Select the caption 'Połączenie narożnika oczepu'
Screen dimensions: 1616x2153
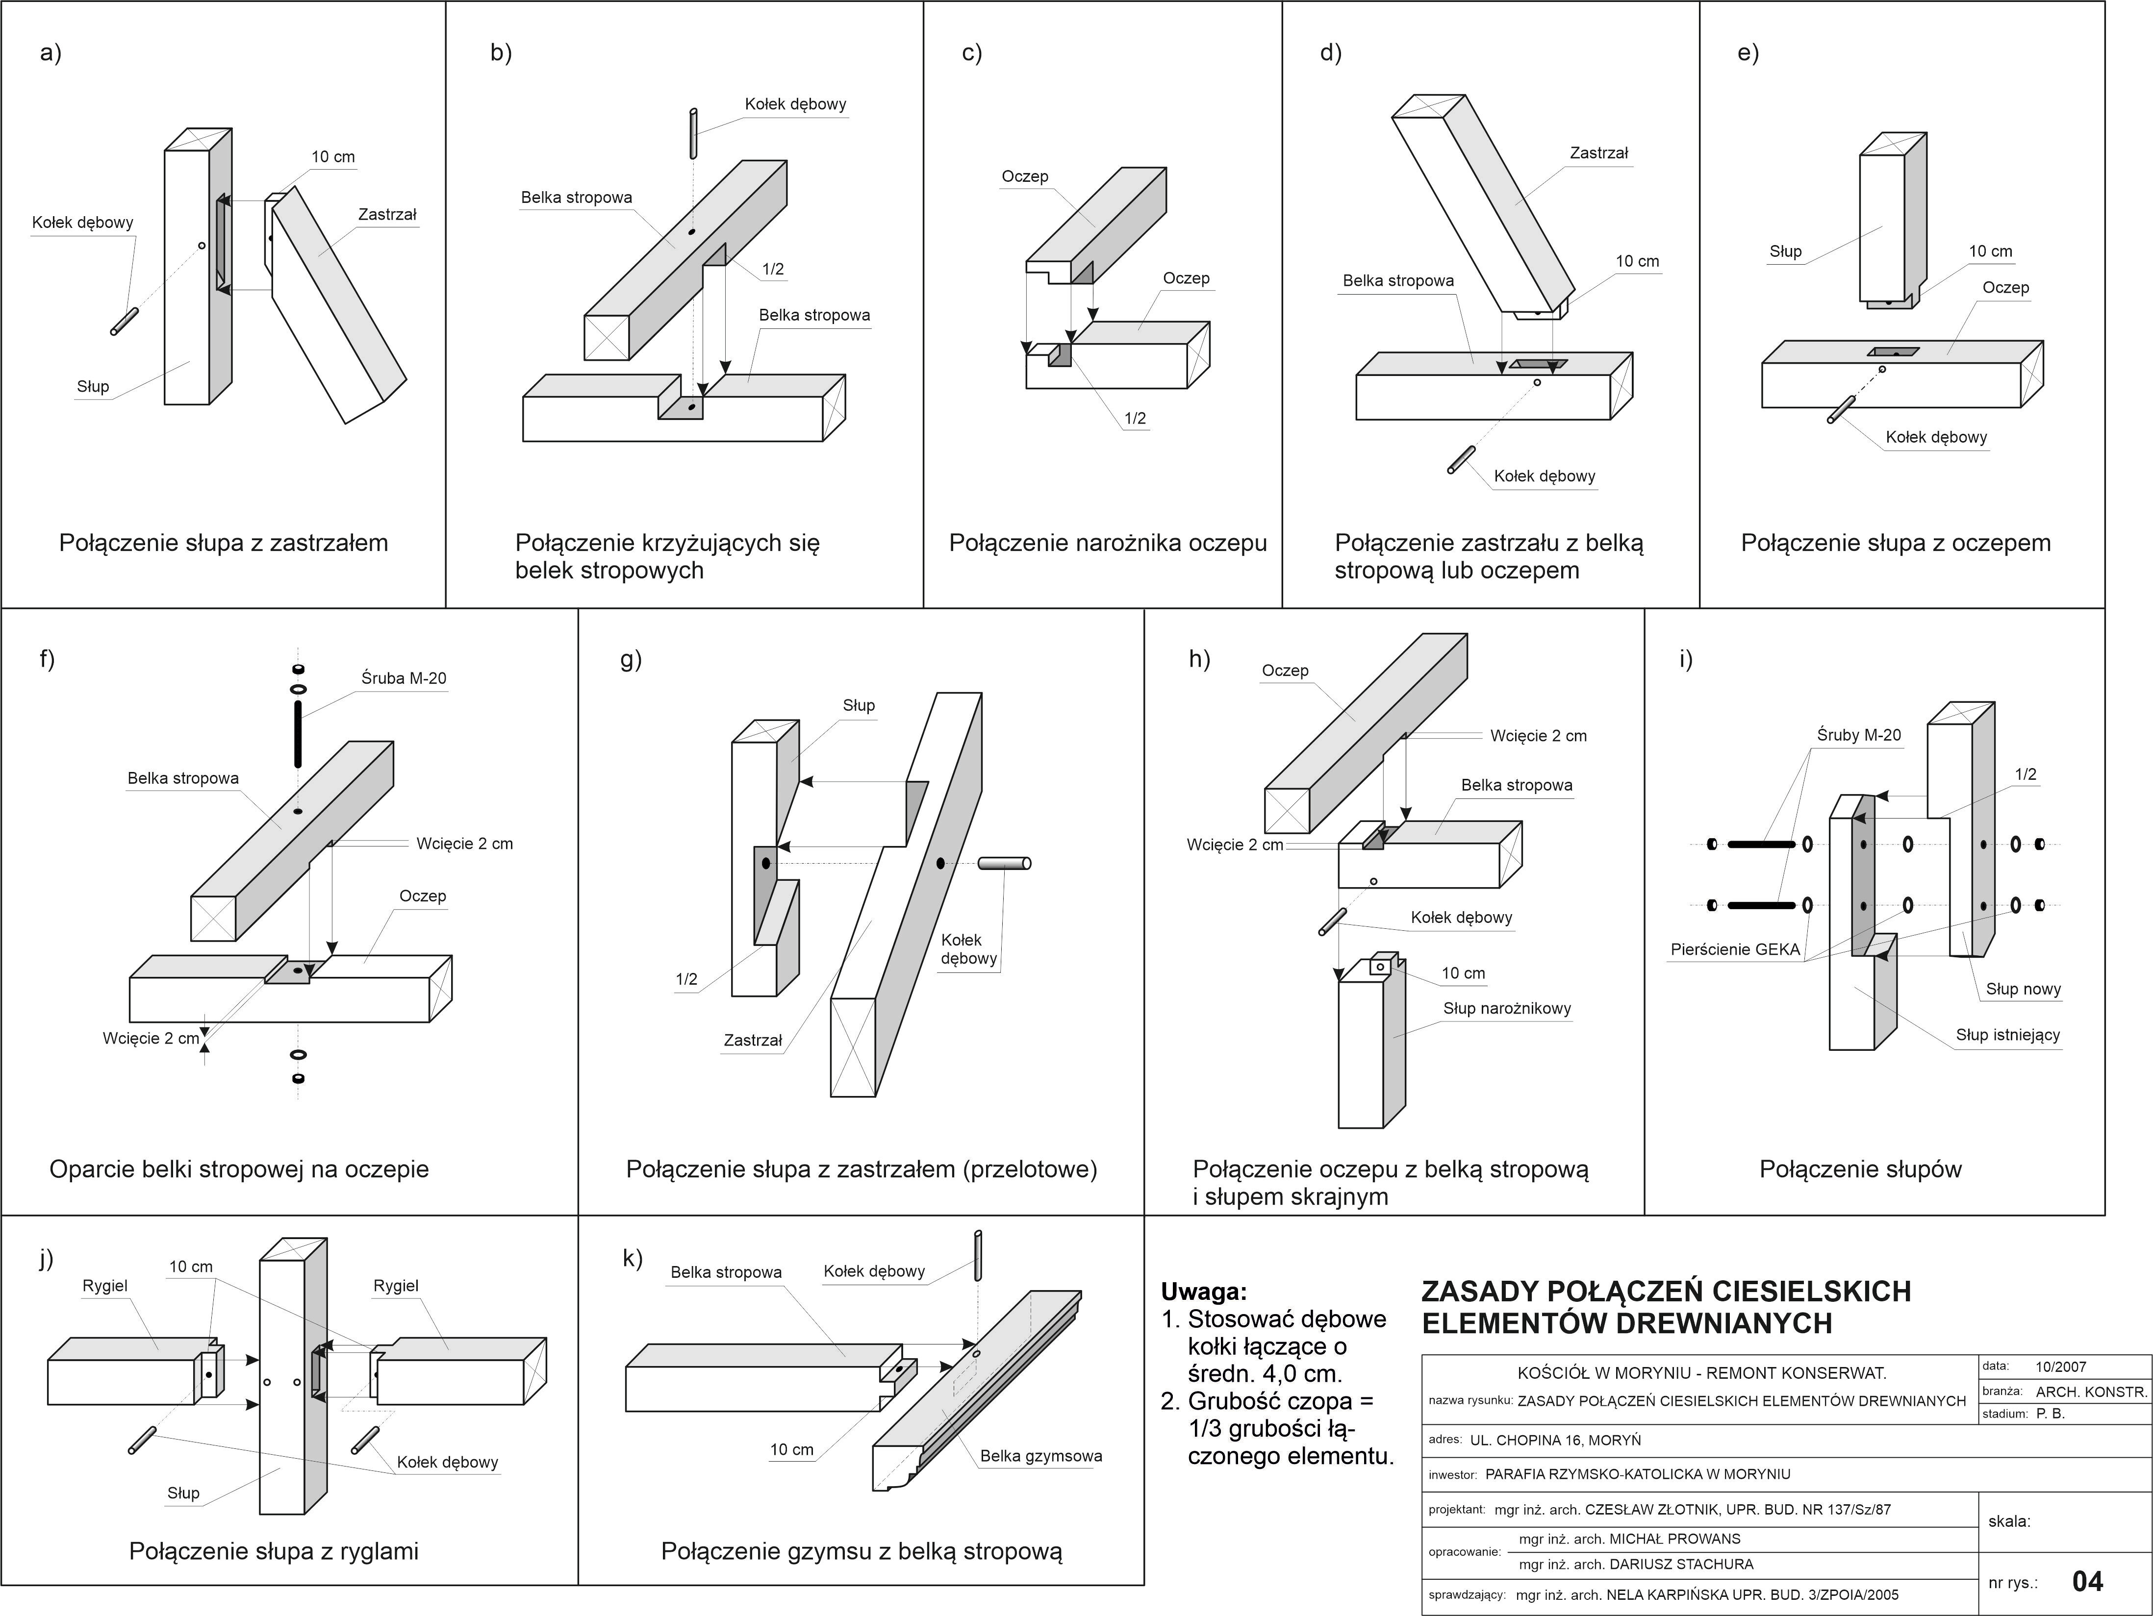[1108, 543]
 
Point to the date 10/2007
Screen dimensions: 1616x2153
[2060, 1367]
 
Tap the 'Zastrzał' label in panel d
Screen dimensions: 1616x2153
[1598, 153]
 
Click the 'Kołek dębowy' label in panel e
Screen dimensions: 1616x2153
[1936, 437]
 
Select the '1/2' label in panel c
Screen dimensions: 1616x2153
[1135, 419]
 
